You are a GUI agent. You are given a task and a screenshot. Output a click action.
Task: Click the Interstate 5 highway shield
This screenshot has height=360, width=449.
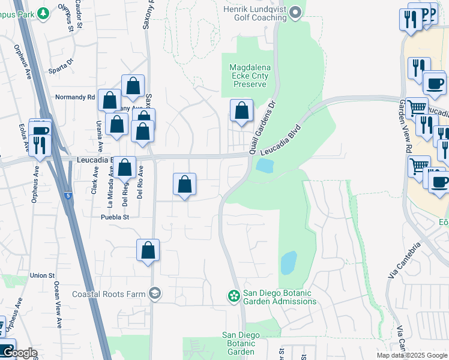coord(68,196)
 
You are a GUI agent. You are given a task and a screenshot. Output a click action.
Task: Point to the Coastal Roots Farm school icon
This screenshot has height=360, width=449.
coord(155,293)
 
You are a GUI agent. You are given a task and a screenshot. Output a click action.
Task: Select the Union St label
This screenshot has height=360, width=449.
coord(43,275)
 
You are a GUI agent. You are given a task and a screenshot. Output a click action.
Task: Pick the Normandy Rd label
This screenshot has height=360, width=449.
coord(75,97)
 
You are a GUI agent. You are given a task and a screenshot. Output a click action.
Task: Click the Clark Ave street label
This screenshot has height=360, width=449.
coord(94,180)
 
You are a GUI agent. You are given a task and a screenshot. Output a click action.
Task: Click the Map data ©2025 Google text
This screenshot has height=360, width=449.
coord(411,355)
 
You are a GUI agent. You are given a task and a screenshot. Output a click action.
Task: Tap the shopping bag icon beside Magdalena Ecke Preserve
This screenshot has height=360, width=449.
coord(241,112)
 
